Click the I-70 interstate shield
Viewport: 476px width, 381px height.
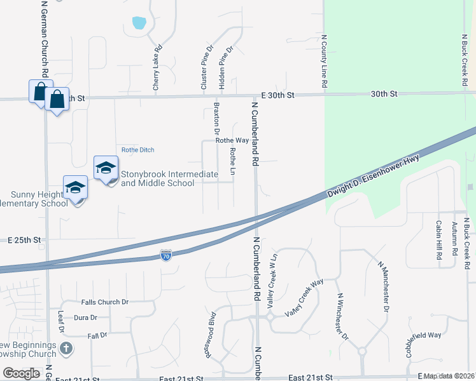point(165,256)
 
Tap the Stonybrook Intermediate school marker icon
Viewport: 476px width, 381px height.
point(106,168)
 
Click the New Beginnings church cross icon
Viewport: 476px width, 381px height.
point(67,348)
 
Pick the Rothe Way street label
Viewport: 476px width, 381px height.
point(232,140)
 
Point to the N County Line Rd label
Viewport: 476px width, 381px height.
point(324,62)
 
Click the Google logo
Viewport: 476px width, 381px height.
point(21,373)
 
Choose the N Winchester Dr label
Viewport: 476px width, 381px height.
point(342,316)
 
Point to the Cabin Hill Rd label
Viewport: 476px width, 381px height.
point(439,240)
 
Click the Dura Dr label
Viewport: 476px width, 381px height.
point(85,317)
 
